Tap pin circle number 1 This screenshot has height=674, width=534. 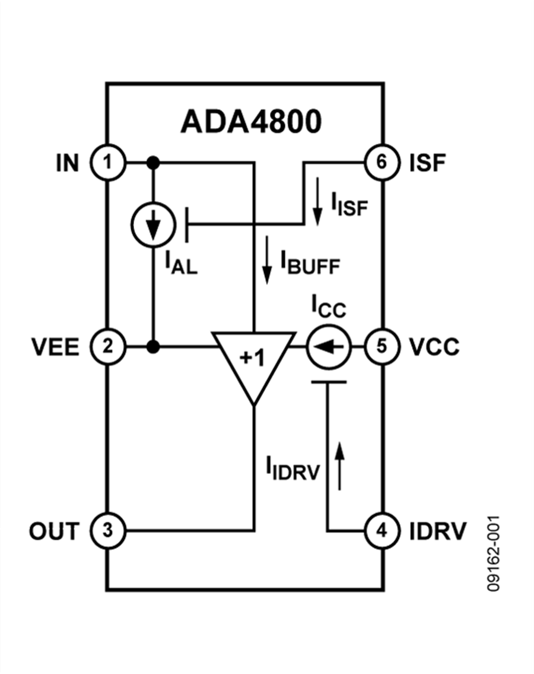coord(107,162)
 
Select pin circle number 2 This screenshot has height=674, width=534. coord(107,346)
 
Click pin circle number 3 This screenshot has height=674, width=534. coord(107,530)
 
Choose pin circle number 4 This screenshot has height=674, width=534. coord(382,530)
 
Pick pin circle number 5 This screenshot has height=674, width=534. coord(382,346)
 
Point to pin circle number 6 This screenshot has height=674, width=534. coord(382,162)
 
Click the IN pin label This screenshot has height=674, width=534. coord(67,162)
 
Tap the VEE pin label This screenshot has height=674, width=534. coord(55,347)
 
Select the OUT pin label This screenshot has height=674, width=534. coord(54,531)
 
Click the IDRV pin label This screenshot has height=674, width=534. coord(438,531)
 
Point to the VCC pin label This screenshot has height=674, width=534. coord(434,347)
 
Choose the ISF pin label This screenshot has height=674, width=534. coord(427,162)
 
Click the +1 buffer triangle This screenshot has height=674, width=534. coord(253,359)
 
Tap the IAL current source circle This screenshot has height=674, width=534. coord(153,225)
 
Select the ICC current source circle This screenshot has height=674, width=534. coord(328,346)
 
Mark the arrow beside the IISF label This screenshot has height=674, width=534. coord(318,202)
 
